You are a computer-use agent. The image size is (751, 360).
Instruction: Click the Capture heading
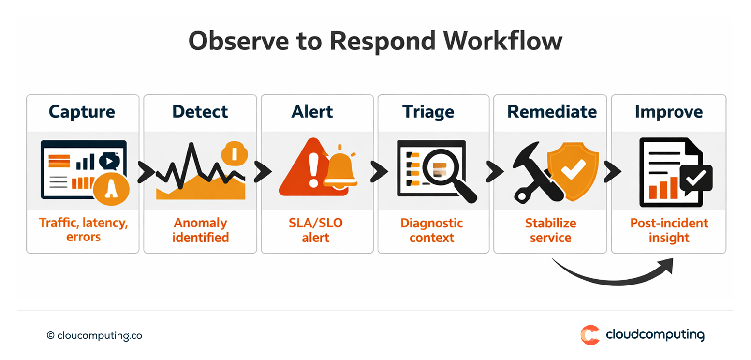click(82, 112)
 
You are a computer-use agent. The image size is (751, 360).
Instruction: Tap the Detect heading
click(200, 112)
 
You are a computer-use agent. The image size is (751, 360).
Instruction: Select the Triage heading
click(428, 112)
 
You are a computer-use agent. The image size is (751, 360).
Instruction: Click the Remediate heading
click(552, 112)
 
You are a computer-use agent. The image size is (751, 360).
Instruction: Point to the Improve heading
click(668, 112)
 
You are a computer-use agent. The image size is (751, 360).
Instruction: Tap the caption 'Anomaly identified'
click(200, 230)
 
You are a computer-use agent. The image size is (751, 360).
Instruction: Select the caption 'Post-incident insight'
click(669, 230)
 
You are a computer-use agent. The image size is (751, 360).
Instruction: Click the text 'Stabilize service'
click(550, 230)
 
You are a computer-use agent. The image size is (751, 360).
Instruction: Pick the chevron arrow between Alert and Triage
click(379, 171)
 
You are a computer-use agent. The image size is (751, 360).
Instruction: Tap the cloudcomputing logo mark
click(590, 335)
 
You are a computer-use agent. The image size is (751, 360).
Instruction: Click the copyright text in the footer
click(94, 335)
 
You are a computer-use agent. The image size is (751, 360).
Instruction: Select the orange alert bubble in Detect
click(234, 154)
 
